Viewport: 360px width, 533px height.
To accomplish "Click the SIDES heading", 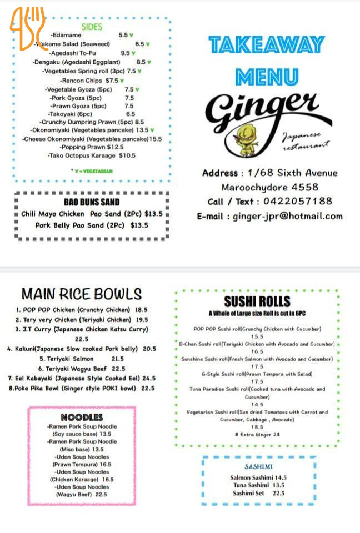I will coord(92,27).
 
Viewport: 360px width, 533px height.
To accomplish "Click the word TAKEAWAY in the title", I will coord(267,44).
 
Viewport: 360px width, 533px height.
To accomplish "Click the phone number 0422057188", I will coord(299,202).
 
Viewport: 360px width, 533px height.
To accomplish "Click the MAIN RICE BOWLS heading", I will coord(82,294).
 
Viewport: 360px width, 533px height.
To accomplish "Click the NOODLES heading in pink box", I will coord(82,417).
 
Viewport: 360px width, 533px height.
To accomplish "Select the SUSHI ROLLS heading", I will coord(257,302).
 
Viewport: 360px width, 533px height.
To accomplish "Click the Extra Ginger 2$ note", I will coord(257,434).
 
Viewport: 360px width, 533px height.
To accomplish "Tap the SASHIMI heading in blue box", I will coord(258,466).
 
